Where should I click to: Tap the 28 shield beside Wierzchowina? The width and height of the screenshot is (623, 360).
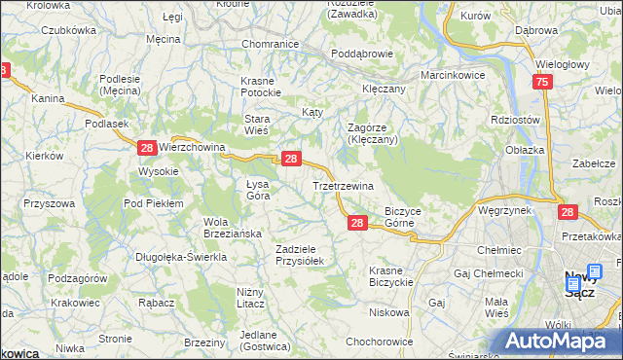click(x=146, y=148)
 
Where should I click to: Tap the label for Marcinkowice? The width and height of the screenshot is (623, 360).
click(x=453, y=75)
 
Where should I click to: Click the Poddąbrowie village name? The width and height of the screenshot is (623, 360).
click(x=361, y=54)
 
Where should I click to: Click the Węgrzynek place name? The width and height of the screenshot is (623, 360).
click(x=503, y=209)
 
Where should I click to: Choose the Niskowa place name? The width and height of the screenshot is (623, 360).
click(x=389, y=313)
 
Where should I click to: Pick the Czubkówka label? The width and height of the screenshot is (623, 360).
click(x=68, y=30)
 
